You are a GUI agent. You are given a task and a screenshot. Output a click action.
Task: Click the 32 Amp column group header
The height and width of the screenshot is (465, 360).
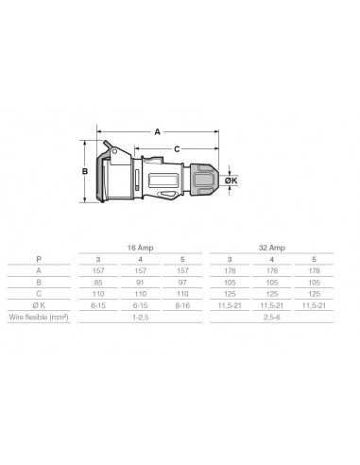(x=272, y=246)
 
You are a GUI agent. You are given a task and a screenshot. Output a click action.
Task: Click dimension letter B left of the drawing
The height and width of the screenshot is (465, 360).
(x=85, y=171)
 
